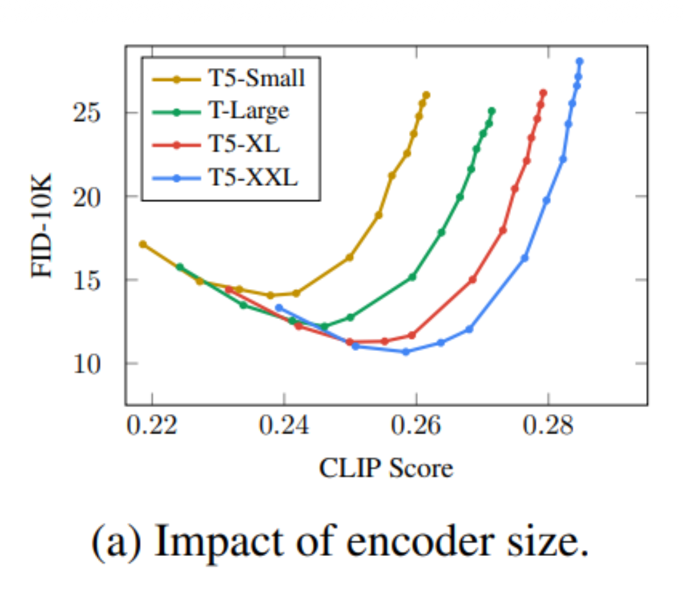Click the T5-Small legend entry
(229, 79)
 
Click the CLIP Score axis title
(385, 468)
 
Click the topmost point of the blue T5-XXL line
(579, 62)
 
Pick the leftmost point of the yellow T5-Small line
(143, 244)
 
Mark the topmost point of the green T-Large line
(491, 111)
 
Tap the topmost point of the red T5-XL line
(543, 93)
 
